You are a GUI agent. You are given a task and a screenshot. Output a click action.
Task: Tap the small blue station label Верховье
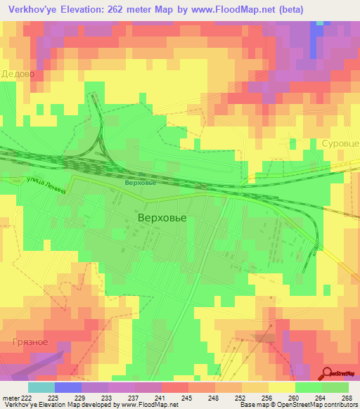tap(139, 183)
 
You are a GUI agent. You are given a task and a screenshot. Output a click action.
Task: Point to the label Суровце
tap(340, 143)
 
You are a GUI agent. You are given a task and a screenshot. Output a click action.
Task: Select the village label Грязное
tap(30, 342)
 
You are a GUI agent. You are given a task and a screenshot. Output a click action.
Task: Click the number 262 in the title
tap(130, 10)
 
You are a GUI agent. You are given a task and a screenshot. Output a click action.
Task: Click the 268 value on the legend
tap(346, 397)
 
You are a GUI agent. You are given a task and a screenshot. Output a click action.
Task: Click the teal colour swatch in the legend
tap(41, 387)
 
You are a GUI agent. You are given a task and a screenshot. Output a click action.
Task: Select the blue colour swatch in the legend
tap(67, 387)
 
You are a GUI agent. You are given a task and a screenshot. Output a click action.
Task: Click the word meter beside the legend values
tap(8, 397)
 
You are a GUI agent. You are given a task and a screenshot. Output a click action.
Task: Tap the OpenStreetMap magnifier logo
tap(328, 373)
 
